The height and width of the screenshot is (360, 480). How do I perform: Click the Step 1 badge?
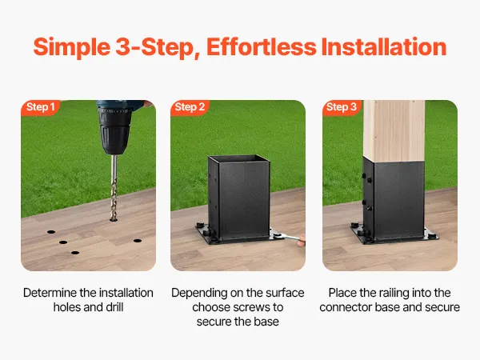[x=40, y=107]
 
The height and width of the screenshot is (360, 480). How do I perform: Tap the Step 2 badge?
[x=190, y=107]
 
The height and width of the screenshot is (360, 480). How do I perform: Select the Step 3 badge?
[x=342, y=107]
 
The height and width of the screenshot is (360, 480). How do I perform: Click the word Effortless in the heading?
[x=262, y=47]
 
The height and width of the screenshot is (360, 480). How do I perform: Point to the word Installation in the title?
[x=384, y=47]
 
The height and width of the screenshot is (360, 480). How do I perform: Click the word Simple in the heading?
[x=72, y=47]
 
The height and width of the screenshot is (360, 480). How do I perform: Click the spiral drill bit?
[x=114, y=187]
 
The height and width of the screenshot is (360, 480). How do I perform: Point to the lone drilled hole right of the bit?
[x=138, y=241]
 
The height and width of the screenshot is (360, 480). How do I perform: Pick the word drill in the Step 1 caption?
[x=114, y=307]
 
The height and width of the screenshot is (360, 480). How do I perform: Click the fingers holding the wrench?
[x=302, y=240]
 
